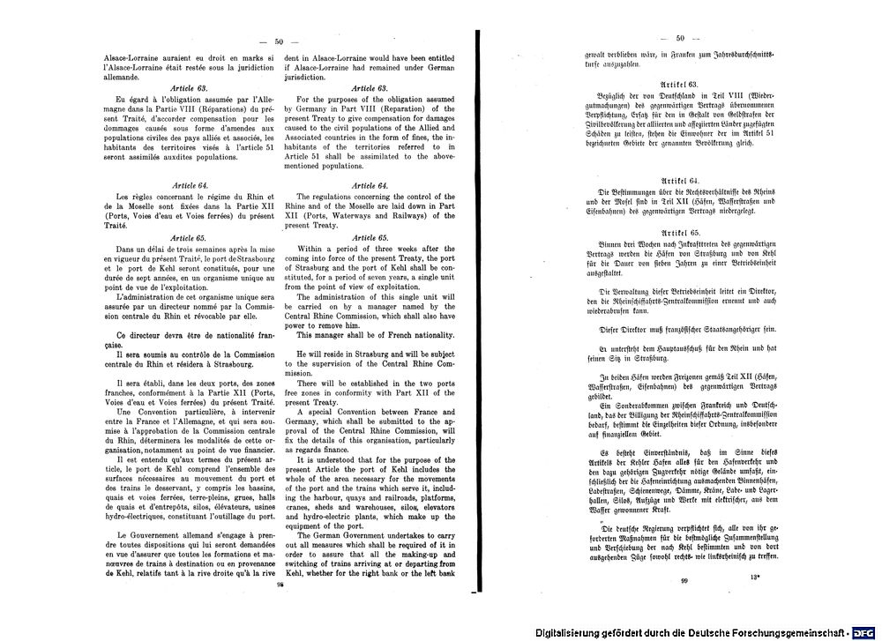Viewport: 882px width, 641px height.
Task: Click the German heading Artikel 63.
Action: pos(680,83)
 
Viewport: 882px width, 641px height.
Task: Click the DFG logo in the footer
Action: pos(864,633)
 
